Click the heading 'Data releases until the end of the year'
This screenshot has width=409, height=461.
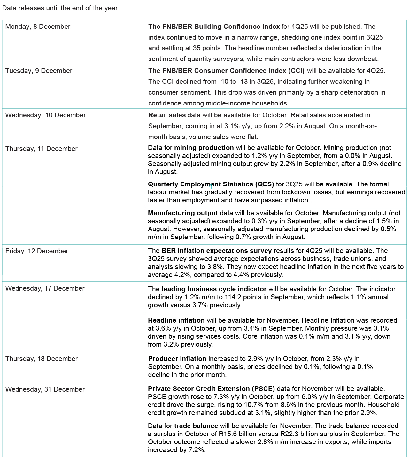click(60, 8)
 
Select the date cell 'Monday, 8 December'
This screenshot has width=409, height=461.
click(38, 27)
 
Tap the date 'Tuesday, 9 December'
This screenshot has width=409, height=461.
click(39, 71)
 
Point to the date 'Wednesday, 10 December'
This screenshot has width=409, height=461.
click(45, 115)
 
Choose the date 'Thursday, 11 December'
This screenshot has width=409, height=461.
click(41, 149)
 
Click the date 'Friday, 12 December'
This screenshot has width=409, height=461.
click(36, 251)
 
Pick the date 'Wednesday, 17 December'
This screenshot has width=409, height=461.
click(45, 288)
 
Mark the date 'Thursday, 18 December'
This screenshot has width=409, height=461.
click(41, 359)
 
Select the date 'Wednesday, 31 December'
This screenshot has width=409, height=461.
click(45, 389)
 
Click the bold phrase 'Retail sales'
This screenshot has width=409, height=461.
click(167, 115)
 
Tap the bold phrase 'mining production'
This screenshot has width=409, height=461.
click(204, 148)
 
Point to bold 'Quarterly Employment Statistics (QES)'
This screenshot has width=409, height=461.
click(211, 184)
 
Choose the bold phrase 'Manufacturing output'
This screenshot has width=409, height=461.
click(183, 213)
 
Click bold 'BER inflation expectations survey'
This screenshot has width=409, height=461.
click(217, 251)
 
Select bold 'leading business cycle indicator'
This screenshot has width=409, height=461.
click(214, 289)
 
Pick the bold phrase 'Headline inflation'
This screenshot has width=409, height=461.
click(176, 320)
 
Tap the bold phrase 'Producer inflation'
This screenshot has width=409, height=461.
click(177, 359)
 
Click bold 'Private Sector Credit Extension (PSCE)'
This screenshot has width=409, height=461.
click(211, 389)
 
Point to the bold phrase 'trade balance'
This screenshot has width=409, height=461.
click(196, 426)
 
